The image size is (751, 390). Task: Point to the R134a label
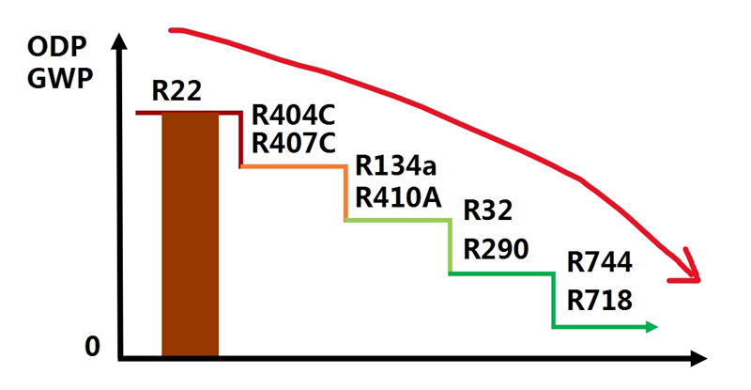(395, 169)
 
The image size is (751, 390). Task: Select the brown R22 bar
(191, 235)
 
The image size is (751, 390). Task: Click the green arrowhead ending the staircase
(651, 326)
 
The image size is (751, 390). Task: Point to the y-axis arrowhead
(118, 43)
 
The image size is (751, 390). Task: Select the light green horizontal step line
(399, 220)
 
